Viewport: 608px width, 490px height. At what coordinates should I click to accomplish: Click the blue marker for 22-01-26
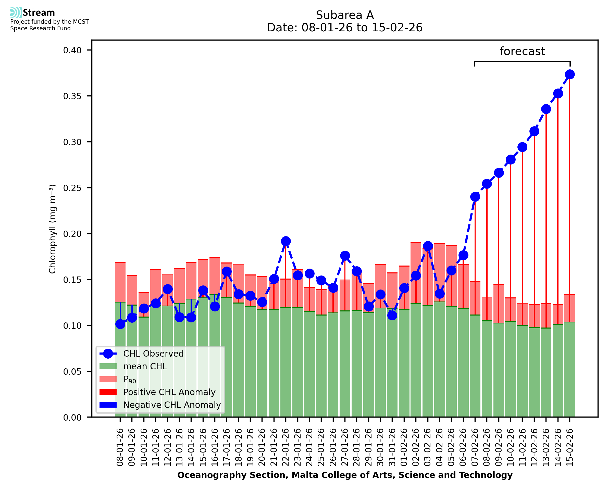[286, 241]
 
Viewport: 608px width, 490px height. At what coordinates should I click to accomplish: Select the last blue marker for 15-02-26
[570, 74]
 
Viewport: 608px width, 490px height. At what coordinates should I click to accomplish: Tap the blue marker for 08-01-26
[120, 324]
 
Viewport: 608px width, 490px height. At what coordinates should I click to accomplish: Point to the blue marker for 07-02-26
[475, 197]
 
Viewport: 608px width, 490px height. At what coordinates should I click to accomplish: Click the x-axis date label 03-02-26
[428, 447]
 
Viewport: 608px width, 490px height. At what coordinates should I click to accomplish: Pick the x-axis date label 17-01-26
[227, 447]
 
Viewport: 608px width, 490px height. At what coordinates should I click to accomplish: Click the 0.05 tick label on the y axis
[72, 371]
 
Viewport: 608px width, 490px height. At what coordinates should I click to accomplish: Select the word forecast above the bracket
[522, 51]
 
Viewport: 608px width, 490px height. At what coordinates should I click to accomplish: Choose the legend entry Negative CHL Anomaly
[172, 405]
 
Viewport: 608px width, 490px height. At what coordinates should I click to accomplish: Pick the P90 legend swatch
[108, 379]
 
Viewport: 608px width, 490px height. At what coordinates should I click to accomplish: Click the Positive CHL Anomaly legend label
[169, 392]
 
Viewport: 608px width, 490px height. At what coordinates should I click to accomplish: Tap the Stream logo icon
[16, 12]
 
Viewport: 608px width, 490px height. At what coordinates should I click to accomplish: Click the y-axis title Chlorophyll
[53, 229]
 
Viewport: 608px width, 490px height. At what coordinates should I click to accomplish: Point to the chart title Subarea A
[345, 15]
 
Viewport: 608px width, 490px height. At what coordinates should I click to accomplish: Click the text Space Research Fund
[40, 28]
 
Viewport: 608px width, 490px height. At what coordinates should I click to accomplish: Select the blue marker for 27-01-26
[345, 256]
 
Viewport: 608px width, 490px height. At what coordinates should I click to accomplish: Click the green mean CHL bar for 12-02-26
[534, 373]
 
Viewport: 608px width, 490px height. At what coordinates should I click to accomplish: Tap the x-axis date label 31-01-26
[392, 447]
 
